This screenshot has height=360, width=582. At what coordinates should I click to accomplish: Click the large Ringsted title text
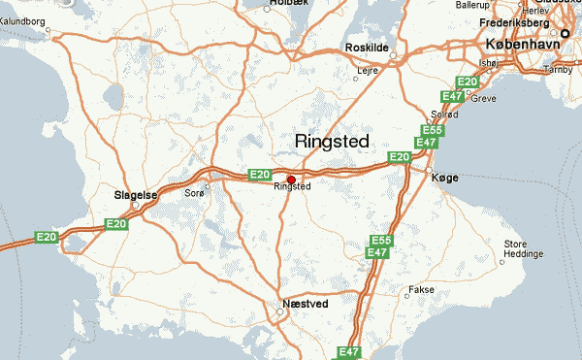332,142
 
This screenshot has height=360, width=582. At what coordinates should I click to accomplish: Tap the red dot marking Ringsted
291,179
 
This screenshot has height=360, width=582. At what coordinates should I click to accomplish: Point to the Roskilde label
367,47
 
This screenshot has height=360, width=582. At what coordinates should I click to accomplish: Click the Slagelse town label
135,194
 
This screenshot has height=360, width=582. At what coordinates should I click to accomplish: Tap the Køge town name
445,178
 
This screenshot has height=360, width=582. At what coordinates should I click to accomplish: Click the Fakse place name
421,289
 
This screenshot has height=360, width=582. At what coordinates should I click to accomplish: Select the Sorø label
193,193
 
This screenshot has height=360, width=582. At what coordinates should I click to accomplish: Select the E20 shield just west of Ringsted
259,175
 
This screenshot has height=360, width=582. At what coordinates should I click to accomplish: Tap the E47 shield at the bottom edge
348,352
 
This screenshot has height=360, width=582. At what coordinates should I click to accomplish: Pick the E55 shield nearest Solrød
433,129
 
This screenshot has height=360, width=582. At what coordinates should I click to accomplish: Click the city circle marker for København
566,35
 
